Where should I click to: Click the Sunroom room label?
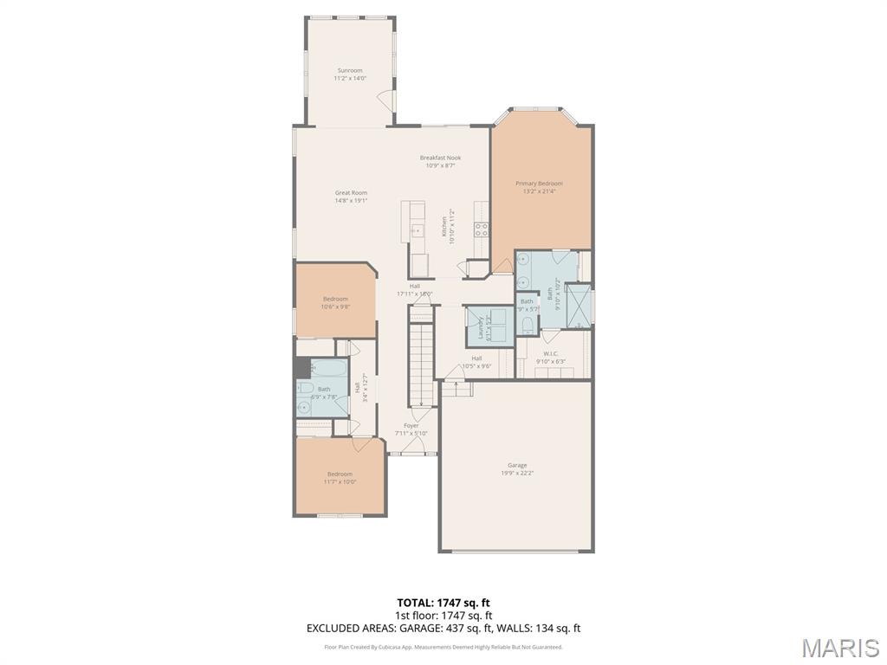coord(350,70)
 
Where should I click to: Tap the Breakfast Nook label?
coord(440,158)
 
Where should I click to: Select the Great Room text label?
coord(351,193)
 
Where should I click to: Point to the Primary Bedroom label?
coord(539,184)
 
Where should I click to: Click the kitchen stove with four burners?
coord(481,229)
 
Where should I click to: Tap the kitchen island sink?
coord(417,230)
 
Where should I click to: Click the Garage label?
coord(517,465)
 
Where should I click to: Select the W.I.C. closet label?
coord(551,353)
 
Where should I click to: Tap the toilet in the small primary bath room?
coord(528,325)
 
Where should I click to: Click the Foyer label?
coord(411,425)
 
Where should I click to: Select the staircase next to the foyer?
coord(421,363)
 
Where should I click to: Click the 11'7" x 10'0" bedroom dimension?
coord(340,481)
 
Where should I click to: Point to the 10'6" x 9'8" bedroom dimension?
coord(335,306)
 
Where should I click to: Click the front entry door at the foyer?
coord(412,447)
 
